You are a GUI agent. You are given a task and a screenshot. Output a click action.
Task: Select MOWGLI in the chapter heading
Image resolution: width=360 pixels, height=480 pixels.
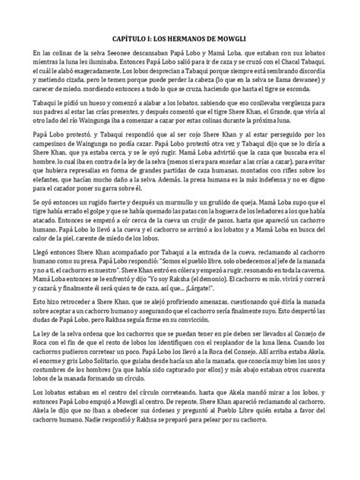[229, 36]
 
